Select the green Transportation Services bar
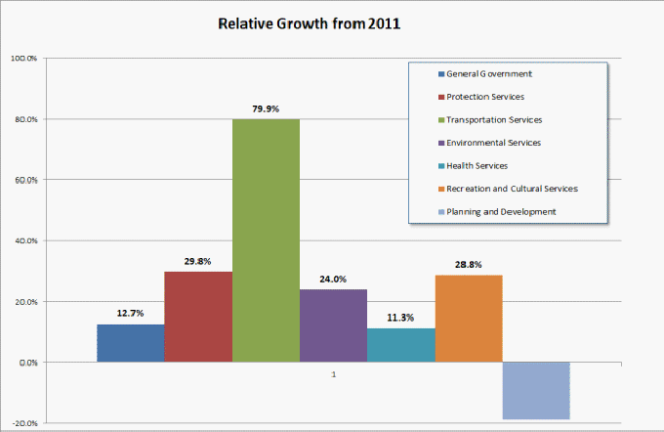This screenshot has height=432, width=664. click(266, 240)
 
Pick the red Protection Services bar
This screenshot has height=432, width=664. click(198, 317)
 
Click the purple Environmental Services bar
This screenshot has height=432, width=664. click(333, 325)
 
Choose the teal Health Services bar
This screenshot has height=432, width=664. click(400, 345)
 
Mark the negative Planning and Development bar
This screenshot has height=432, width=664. click(536, 391)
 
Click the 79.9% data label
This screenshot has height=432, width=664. click(266, 108)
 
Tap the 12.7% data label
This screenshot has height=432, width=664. click(131, 314)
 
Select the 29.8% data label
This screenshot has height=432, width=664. click(198, 261)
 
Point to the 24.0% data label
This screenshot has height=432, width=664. click(333, 279)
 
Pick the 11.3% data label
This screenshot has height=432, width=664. click(400, 318)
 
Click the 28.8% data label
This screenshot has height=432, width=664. click(468, 264)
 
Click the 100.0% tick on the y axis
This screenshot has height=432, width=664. click(23, 59)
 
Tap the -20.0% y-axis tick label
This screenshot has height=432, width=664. click(23, 423)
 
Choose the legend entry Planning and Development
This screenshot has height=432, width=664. click(501, 211)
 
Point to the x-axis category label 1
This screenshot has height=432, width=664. click(334, 375)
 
